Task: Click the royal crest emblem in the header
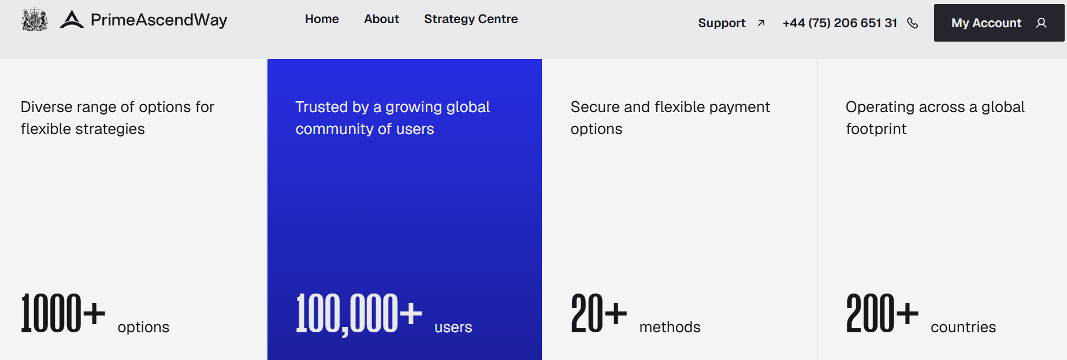[34, 20]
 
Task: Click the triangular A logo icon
[72, 19]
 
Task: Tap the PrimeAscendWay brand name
[159, 20]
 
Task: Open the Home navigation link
[322, 19]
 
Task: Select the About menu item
[381, 19]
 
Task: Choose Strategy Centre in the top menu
[471, 19]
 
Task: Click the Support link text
[722, 23]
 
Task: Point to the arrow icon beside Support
[761, 23]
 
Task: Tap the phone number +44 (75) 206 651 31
[839, 23]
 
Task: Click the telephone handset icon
[913, 23]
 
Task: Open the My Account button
[999, 23]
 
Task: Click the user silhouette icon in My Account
[1041, 23]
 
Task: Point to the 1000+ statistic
[63, 313]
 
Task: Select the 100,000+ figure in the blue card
[359, 314]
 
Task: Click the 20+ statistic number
[599, 313]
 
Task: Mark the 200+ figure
[882, 313]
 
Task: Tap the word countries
[963, 327]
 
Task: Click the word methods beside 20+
[670, 327]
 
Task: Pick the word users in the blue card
[453, 327]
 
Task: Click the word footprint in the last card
[876, 129]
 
